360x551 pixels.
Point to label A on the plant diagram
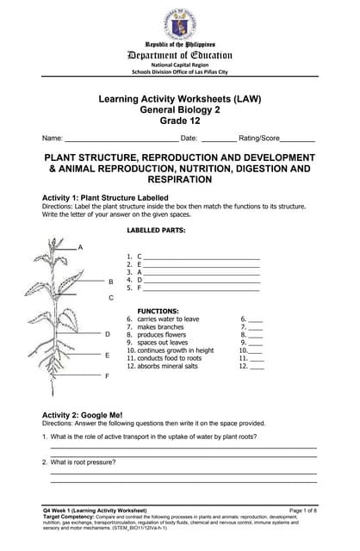point(81,248)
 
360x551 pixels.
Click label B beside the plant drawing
point(110,282)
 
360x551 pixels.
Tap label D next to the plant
point(108,334)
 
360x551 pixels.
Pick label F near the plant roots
point(108,376)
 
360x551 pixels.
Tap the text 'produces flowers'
point(161,335)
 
